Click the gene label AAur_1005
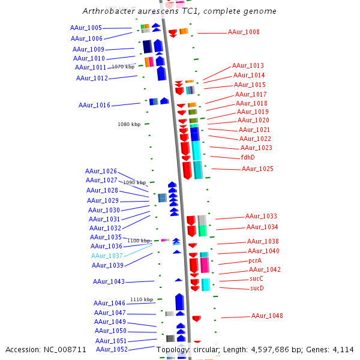pos(86,28)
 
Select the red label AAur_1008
pos(244,32)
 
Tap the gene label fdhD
pos(248,157)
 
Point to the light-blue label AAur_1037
pos(107,256)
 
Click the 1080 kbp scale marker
pos(129,124)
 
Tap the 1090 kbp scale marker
pos(134,182)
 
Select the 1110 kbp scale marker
pos(142,299)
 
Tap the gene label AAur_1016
pos(94,106)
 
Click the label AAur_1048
pos(267,316)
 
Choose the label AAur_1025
pos(257,169)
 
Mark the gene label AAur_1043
pos(109,282)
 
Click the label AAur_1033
pos(261,217)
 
